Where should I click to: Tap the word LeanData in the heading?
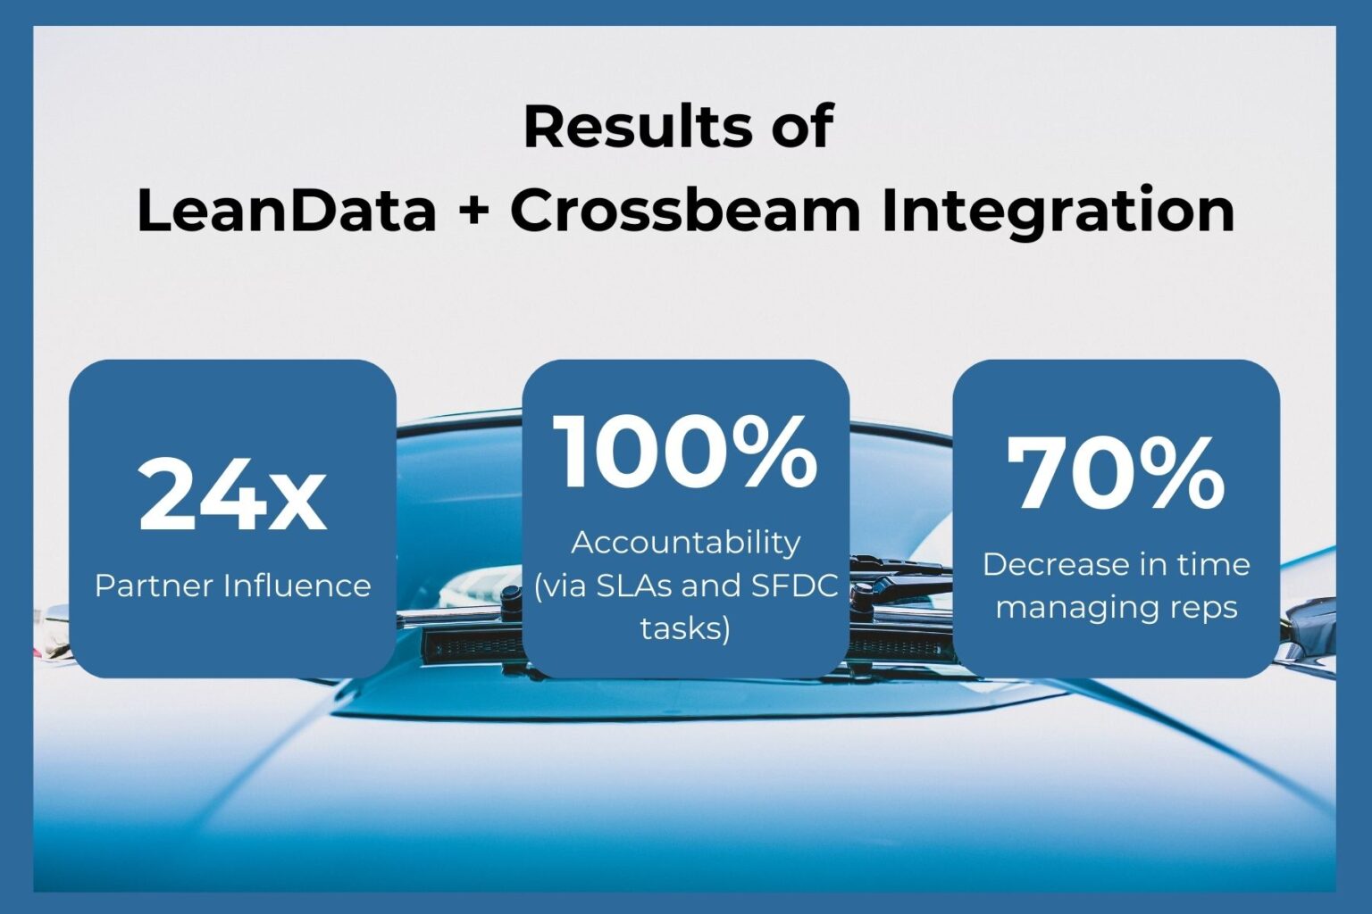[287, 211]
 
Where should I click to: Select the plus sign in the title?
[473, 212]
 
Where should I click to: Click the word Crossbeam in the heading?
[685, 211]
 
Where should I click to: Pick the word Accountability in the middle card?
[685, 543]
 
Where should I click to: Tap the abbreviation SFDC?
[794, 586]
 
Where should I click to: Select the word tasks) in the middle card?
[685, 628]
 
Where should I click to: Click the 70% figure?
[1116, 474]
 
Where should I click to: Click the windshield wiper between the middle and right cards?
[900, 568]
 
